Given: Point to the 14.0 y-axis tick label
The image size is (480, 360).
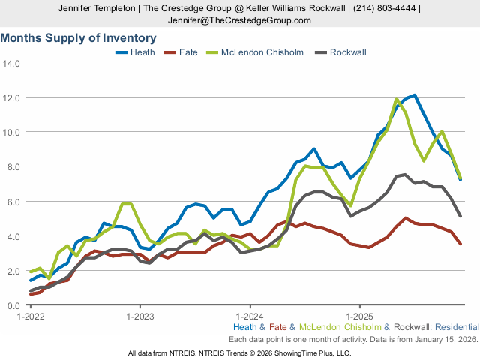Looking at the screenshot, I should point(11,62).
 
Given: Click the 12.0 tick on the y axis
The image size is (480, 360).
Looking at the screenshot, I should point(11,97).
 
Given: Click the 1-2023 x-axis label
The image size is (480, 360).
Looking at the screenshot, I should point(140,316).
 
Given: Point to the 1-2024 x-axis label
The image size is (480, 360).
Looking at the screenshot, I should point(250,316).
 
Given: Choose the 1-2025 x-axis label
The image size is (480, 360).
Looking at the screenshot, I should point(360,316).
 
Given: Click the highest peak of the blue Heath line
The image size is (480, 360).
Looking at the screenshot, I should point(414,95).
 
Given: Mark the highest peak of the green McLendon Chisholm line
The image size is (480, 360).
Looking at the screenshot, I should point(396,98).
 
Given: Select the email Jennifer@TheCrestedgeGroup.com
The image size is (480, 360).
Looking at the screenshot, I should point(239,20).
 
